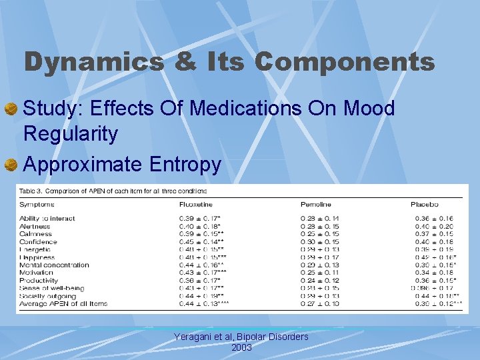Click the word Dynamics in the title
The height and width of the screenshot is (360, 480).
pos(93,62)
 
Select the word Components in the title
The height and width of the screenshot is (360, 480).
pos(344,62)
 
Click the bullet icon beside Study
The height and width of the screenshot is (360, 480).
pos(11,109)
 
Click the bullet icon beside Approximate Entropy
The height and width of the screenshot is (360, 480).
pos(11,165)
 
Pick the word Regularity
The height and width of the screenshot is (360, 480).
pos(71,134)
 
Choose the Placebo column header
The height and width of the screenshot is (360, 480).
pos(424,204)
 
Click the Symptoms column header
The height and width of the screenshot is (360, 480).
pos(38,204)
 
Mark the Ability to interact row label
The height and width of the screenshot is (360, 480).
pos(47,219)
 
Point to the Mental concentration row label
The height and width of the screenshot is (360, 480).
pos(54,265)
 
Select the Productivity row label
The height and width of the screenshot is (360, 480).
pos(39,280)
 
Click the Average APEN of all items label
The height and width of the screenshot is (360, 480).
pos(63,303)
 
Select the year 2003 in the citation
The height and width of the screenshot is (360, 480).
pos(241,347)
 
